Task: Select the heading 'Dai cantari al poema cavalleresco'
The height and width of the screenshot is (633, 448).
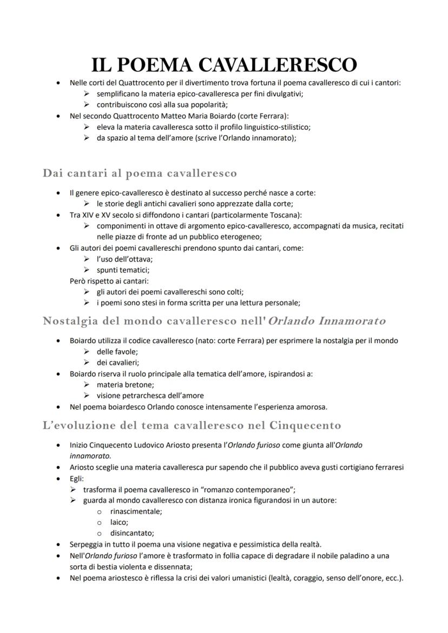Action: [x=140, y=174]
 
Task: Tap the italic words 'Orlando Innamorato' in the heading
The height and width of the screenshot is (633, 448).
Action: [x=327, y=321]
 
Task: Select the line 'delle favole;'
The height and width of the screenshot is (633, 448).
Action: [x=118, y=352]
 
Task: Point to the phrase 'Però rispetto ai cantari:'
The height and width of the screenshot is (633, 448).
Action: [x=109, y=281]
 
